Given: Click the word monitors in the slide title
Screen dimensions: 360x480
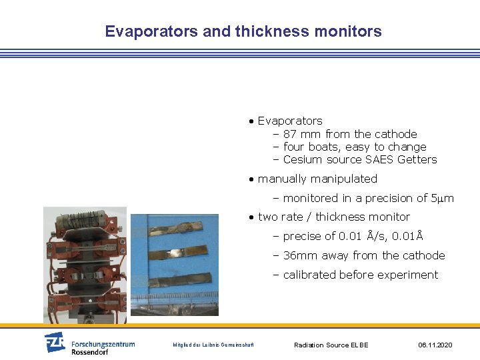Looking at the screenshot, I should click(351, 31).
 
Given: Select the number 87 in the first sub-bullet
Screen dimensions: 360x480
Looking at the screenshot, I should click(290, 134).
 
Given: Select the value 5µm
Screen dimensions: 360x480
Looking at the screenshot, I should click(443, 198).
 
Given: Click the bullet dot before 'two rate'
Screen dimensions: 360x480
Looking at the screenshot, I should click(251, 217).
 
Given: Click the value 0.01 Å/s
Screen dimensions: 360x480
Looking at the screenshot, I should click(363, 236).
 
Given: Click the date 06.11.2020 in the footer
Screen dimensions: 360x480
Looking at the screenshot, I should click(435, 345).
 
